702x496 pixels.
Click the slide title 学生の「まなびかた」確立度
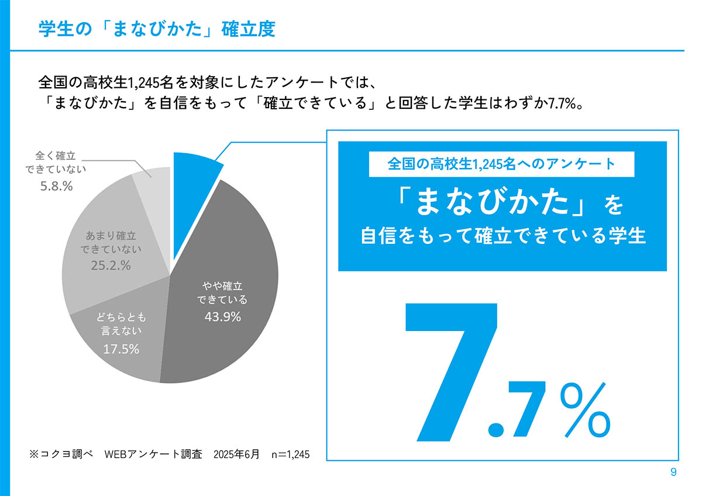[x=156, y=29]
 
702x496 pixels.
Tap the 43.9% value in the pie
[x=222, y=317]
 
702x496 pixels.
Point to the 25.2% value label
[x=111, y=266]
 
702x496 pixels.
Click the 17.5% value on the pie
[x=121, y=349]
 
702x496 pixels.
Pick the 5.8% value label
[x=56, y=186]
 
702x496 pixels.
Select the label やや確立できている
[x=222, y=293]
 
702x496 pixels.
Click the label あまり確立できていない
[x=111, y=243]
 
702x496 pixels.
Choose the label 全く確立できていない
[x=56, y=163]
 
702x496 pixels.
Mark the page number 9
[x=673, y=473]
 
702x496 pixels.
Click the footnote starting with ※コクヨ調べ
[x=169, y=454]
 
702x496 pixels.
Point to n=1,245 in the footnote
[x=290, y=454]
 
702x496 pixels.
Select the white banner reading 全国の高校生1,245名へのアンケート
[x=501, y=164]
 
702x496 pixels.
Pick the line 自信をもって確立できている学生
[x=503, y=237]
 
